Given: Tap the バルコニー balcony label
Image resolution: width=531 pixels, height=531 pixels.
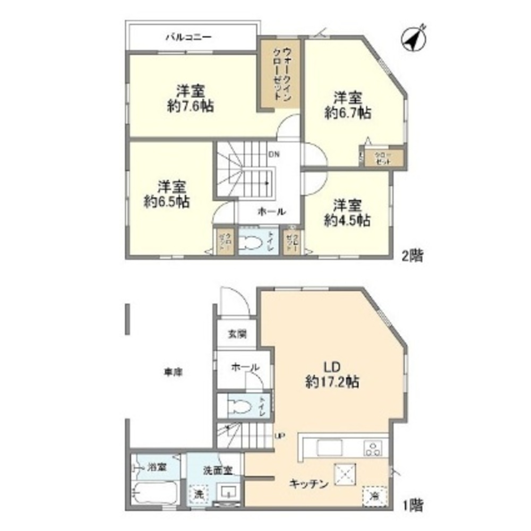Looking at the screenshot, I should click(x=189, y=37).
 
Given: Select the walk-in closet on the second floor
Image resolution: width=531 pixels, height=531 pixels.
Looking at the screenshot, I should click(x=279, y=74).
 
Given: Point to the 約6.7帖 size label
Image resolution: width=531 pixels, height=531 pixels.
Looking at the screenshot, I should click(x=347, y=113).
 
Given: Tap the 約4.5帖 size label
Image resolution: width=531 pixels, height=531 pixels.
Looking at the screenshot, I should click(x=347, y=220).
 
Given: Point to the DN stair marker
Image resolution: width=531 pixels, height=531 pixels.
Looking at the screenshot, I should click(x=274, y=155).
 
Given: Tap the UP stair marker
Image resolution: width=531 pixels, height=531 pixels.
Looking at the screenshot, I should click(x=279, y=436).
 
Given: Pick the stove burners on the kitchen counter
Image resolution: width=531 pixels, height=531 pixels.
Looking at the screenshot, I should click(x=373, y=448).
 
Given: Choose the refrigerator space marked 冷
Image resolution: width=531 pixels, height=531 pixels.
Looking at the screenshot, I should click(x=374, y=495).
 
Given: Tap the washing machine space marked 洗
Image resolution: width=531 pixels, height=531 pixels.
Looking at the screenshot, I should click(x=199, y=493).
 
